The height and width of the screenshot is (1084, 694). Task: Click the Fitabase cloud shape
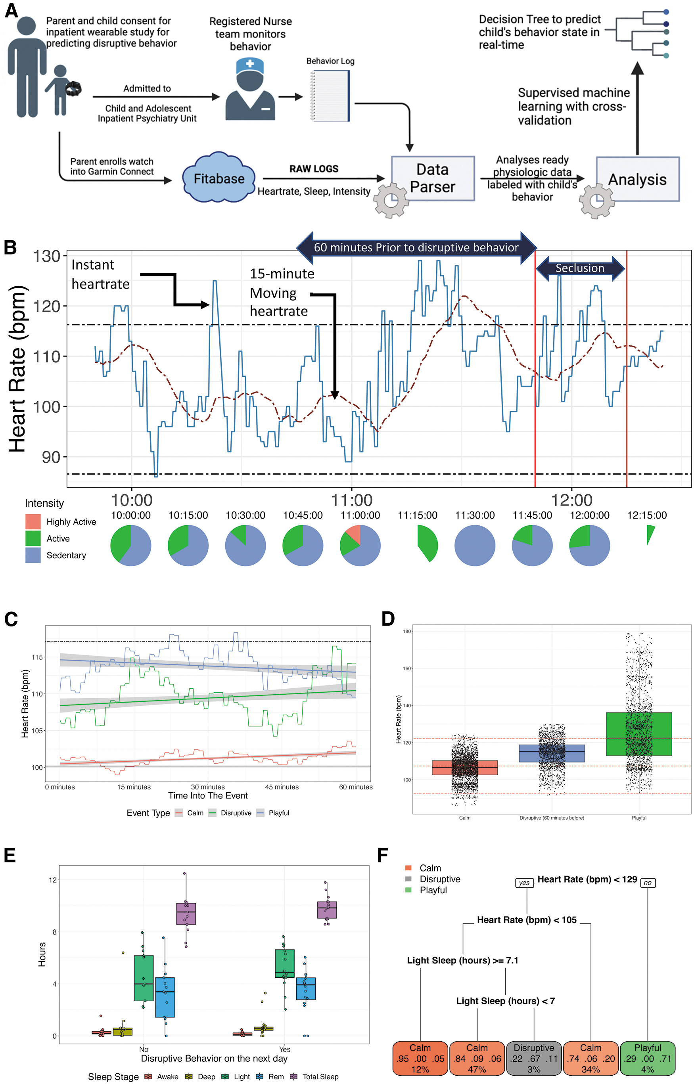(x=219, y=178)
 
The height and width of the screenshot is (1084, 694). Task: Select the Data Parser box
(x=433, y=178)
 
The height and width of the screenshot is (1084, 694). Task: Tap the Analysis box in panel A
(x=637, y=179)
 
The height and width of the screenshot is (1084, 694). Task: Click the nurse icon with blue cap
(x=250, y=90)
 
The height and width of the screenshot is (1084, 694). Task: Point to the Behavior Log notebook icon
(x=330, y=96)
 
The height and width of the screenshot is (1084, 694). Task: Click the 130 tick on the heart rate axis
(x=47, y=257)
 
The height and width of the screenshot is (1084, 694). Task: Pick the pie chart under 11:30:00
(x=475, y=545)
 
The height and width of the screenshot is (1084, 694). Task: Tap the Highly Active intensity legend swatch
(x=33, y=522)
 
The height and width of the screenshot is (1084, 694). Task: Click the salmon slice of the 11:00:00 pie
(x=354, y=534)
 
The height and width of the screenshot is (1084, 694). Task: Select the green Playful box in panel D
(x=638, y=734)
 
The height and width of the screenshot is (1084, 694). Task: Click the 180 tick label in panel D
(x=407, y=631)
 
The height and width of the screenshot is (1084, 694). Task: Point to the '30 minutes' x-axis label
(x=208, y=787)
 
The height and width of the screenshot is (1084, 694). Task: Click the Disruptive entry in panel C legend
(x=230, y=813)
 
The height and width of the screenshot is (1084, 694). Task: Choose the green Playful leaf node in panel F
(x=648, y=1058)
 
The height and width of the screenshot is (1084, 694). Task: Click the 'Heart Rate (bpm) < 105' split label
(x=527, y=919)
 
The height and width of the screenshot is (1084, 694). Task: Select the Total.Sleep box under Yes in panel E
(x=327, y=910)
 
